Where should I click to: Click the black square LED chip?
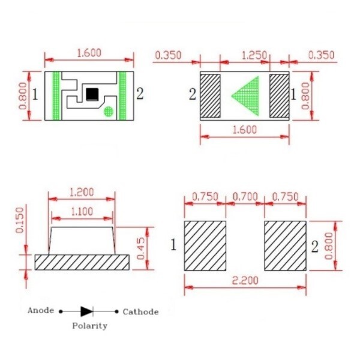(x=92, y=94)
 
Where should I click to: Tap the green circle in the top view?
(x=109, y=112)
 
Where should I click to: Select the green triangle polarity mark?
(x=246, y=95)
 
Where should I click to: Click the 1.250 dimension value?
(x=254, y=55)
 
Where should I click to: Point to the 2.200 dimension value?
(x=245, y=280)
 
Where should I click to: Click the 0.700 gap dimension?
(x=245, y=197)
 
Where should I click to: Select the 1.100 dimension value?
(x=82, y=211)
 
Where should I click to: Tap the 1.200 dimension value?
(x=82, y=192)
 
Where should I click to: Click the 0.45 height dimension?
(x=141, y=248)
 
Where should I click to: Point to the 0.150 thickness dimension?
(x=20, y=220)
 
